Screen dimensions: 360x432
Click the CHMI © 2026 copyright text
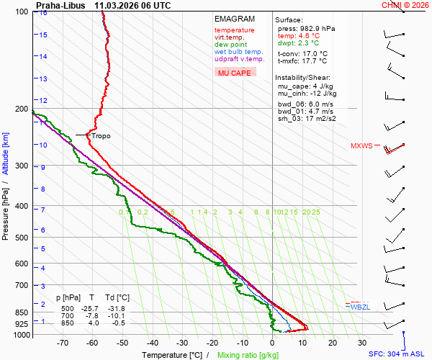pos(405,5)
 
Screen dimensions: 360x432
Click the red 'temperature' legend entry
pos(234,30)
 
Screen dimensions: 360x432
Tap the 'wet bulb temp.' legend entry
pos(238,52)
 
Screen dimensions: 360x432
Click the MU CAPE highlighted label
pos(235,73)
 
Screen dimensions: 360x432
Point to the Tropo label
pos(101,135)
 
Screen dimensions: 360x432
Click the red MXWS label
pos(361,145)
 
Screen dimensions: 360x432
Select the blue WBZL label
pos(360,307)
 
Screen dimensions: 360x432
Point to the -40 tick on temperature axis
pos(153,343)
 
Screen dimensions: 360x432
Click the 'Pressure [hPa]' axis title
pos(6,209)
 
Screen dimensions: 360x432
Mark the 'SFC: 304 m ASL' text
pos(398,355)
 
